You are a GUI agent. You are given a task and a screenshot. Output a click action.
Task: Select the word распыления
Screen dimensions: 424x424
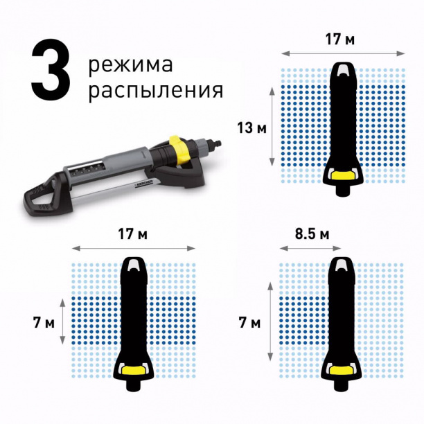(155, 91)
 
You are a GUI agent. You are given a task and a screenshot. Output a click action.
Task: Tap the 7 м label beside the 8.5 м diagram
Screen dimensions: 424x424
(250, 322)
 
